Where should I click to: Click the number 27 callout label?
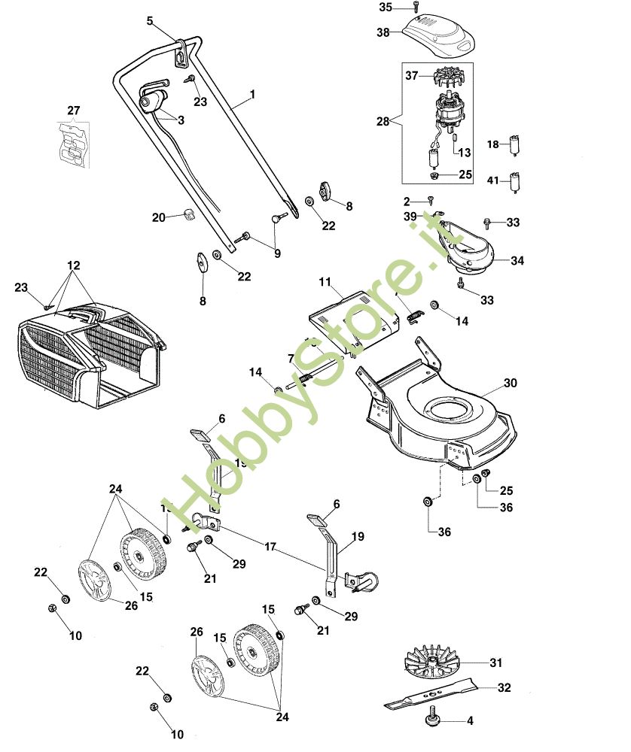point(73,111)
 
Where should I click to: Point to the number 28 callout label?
point(383,121)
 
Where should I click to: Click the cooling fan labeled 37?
point(437,78)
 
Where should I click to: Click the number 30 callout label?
point(511,383)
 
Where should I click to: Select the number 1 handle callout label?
point(252,95)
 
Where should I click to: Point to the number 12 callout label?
point(73,266)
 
